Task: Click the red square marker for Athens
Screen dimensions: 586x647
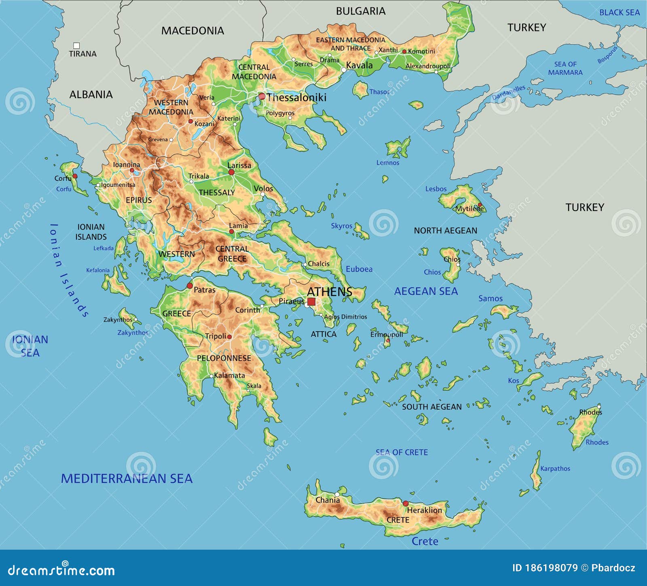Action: [x=311, y=302]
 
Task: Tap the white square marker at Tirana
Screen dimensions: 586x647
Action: [x=76, y=46]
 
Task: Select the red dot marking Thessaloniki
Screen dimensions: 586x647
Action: [x=262, y=96]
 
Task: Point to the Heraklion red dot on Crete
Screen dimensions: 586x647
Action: [x=406, y=503]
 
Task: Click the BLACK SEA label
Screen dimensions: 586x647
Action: [x=619, y=13]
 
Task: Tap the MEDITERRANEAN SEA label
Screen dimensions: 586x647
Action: [x=127, y=478]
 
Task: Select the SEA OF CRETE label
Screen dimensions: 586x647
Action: [x=402, y=452]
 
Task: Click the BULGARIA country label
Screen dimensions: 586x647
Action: [x=361, y=11]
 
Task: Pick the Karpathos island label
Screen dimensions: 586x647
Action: [x=555, y=468]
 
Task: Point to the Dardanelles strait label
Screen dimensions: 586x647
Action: [x=509, y=93]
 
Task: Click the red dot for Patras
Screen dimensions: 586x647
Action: [x=190, y=286]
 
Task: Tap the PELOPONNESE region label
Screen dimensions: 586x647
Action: [x=224, y=358]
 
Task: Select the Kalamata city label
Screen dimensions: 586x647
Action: [x=229, y=375]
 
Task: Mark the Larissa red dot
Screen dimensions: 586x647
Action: [x=231, y=172]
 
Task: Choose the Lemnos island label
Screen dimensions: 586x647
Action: [x=387, y=163]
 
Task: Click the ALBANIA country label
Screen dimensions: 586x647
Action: [x=91, y=94]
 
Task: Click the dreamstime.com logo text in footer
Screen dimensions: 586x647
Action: [x=61, y=570]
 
